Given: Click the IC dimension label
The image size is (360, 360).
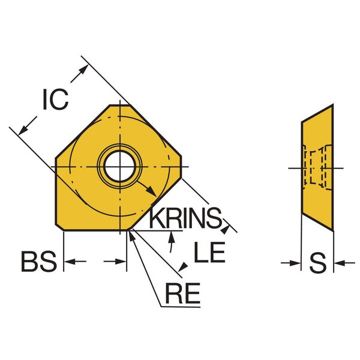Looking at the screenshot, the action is coord(56,99).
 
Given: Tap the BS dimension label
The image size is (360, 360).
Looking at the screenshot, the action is coord(39,262).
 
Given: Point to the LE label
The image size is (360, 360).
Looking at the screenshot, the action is coord(209,252).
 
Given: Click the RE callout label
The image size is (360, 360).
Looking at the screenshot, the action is coord(183,293).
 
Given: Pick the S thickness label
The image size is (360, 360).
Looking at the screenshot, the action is coord(317,263).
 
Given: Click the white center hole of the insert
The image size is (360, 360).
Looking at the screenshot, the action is coord(119,166).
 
